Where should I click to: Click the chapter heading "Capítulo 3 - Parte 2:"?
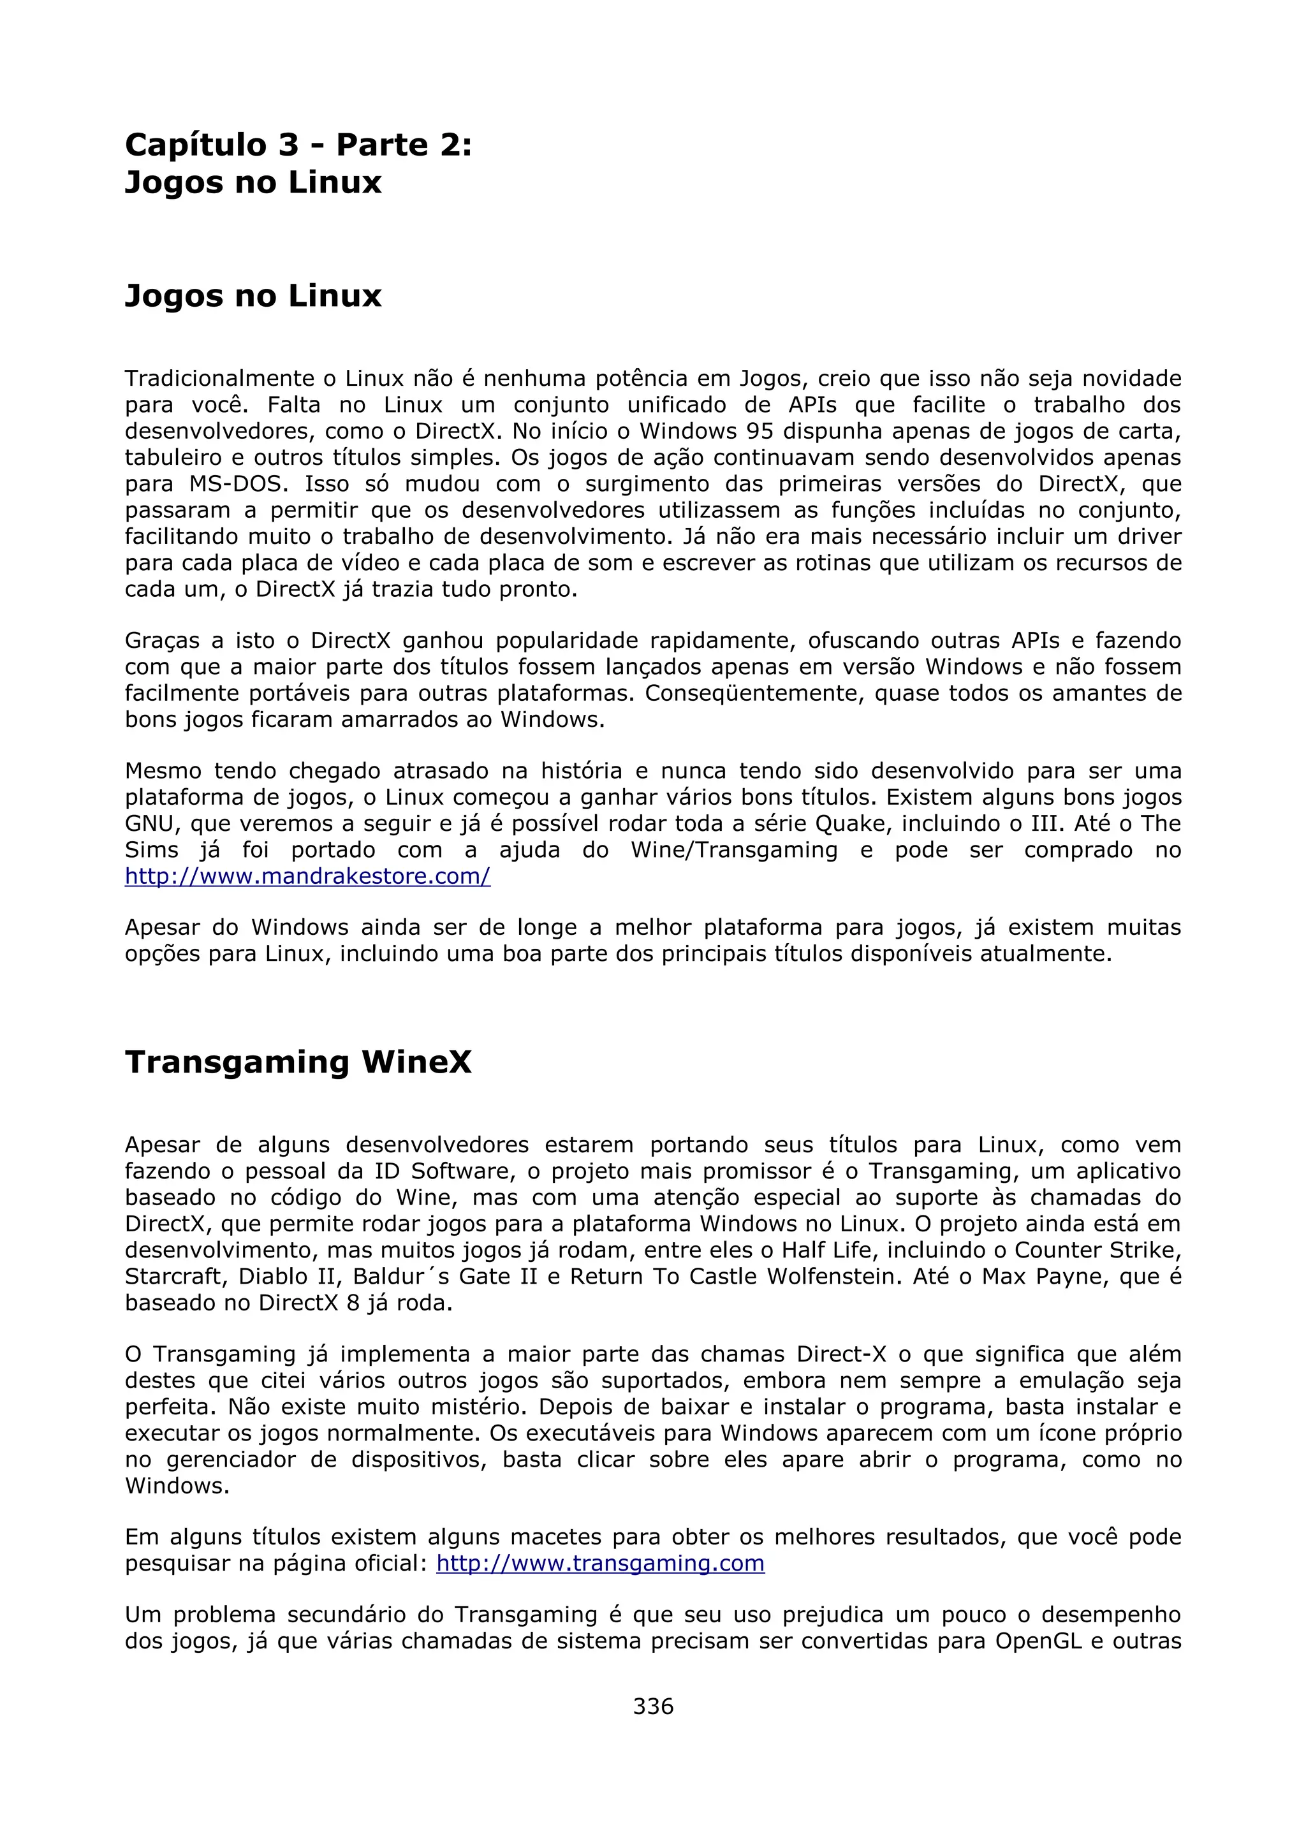coord(298,145)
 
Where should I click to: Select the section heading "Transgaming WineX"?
coord(298,1062)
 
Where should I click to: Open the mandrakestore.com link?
coord(307,877)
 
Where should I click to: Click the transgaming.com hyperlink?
coord(599,1563)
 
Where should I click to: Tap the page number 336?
coord(652,1706)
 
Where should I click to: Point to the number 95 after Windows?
coord(759,432)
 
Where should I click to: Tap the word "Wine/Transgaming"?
coord(734,850)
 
